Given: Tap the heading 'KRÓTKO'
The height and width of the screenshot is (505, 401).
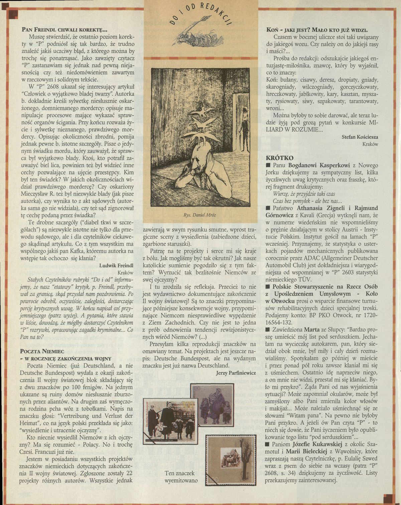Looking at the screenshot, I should click(x=279, y=157).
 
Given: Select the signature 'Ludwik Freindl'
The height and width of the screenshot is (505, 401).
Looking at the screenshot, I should click(x=116, y=265).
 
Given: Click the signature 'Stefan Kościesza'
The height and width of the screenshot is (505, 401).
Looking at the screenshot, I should click(x=360, y=137).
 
